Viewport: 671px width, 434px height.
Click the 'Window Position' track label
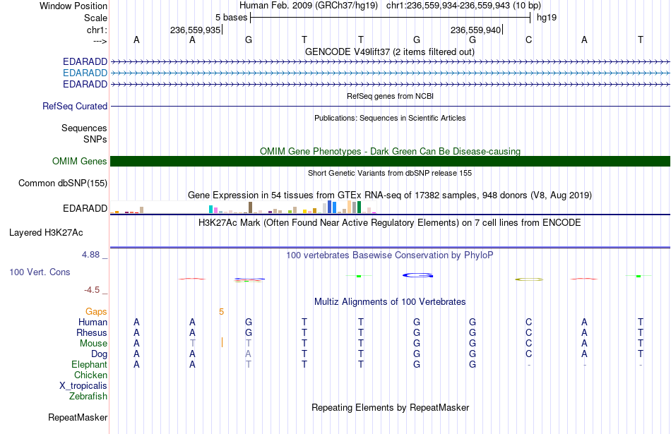point(73,6)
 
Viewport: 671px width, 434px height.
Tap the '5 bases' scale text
point(231,18)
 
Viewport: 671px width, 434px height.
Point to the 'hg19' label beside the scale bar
point(547,18)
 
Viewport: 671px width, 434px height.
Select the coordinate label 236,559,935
point(195,30)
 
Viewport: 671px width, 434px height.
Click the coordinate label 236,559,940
point(475,30)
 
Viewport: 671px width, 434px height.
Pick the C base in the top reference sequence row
point(528,40)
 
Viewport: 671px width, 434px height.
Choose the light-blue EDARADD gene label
point(85,73)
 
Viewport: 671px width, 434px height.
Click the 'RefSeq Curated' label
point(74,106)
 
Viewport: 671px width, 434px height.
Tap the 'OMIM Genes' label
point(79,161)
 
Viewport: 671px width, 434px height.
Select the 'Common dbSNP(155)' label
point(62,183)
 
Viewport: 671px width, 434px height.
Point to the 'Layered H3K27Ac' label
point(46,233)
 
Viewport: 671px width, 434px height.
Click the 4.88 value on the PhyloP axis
point(90,255)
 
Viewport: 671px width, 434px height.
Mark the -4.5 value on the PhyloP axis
point(92,290)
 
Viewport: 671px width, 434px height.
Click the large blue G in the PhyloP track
point(417,275)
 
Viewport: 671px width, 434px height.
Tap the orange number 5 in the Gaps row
point(221,312)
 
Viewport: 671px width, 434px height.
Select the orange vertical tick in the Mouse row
point(222,342)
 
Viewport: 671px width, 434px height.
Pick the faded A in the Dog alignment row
point(248,354)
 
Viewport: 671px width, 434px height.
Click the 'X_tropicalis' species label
point(83,386)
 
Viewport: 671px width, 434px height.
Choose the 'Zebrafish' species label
point(88,397)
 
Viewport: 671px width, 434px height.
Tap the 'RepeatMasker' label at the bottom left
point(78,417)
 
